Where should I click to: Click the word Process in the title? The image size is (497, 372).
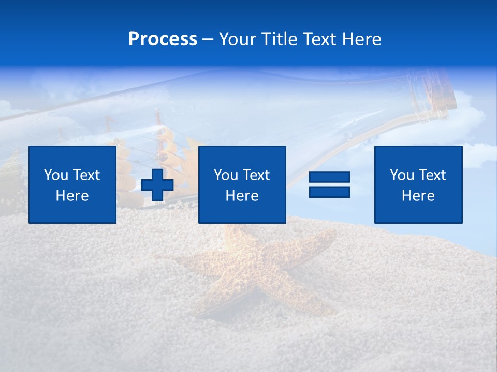click(163, 39)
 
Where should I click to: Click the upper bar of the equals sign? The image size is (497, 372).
click(329, 177)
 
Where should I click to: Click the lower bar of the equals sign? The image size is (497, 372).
click(329, 192)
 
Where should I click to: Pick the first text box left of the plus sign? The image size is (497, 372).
click(72, 184)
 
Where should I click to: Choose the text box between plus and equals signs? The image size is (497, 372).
click(242, 184)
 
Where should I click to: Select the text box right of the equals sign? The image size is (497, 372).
click(418, 184)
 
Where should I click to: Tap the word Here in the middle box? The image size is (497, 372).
click(242, 196)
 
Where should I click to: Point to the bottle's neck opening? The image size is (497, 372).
click(446, 98)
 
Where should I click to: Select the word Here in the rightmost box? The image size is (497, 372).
click(418, 196)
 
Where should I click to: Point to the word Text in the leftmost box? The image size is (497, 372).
click(86, 175)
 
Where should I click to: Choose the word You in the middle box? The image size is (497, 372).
click(226, 175)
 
